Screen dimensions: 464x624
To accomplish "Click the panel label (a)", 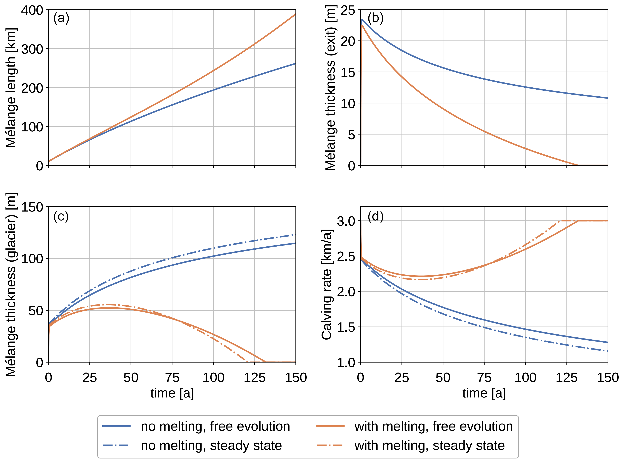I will pos(61,19).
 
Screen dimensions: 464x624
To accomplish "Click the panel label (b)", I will pos(375,19).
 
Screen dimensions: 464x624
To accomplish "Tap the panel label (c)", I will pos(61,217).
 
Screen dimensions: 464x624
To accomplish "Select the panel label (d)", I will pos(375,217).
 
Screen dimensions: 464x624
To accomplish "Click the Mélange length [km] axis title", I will pos(11,88).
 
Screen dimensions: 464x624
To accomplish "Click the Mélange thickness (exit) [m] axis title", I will pos(331,88).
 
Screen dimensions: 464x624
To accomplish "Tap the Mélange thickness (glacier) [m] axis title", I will pos(11,284).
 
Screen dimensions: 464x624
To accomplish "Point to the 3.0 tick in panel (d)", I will pos(346,221).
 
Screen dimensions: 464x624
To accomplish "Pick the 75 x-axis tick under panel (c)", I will pos(172,378).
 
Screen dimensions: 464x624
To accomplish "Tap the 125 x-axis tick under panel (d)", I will pos(566,378).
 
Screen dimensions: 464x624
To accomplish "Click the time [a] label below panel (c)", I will pos(172,393).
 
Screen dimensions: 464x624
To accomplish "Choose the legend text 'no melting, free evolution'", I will pos(215,426).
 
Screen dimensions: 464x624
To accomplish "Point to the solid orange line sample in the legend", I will pos(330,426).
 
